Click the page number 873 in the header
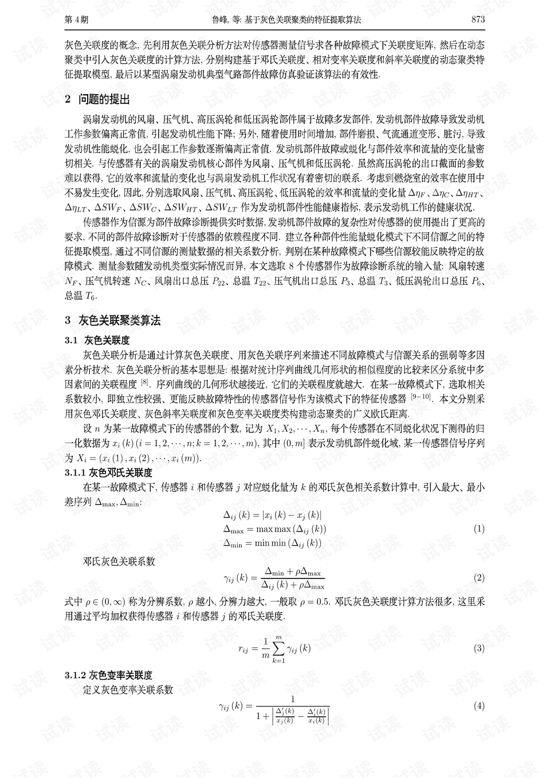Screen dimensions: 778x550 click(478, 19)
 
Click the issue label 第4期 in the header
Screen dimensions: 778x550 click(77, 19)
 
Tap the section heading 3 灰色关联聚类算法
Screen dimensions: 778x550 click(112, 320)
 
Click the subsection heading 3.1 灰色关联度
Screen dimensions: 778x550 click(97, 341)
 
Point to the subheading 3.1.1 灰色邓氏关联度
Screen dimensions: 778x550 click(108, 473)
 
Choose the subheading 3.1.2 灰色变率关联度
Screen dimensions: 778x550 click(108, 675)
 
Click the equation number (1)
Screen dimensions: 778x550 click(479, 529)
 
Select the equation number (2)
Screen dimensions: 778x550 click(479, 578)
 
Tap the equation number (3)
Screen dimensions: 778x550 click(479, 648)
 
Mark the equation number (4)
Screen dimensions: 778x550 click(479, 705)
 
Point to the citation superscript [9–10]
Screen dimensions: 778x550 click(421, 397)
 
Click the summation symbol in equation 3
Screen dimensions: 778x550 click(278, 648)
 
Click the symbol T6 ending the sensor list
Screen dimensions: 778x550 click(91, 296)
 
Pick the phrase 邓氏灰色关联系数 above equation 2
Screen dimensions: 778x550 click(119, 562)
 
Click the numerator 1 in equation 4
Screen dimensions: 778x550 click(293, 699)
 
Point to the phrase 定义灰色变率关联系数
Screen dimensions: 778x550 click(128, 690)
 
